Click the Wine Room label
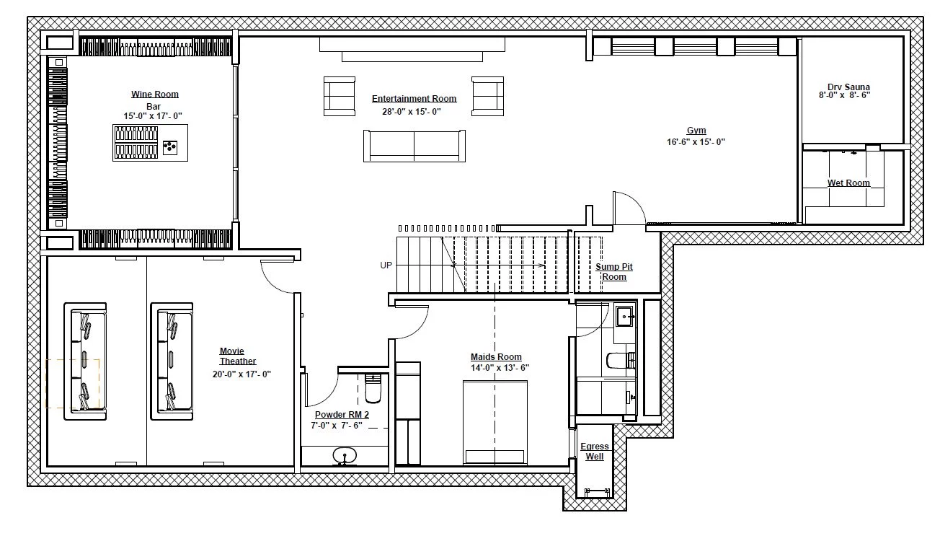point(155,94)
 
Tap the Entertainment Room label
point(414,98)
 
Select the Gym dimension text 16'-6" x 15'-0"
point(696,142)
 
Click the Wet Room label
point(848,183)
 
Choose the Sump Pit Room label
point(614,272)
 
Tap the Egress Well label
point(595,451)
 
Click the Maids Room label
point(496,356)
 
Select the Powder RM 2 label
point(342,415)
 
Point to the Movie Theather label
point(237,356)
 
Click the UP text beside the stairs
point(386,265)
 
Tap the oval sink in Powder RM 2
point(345,455)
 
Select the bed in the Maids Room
point(495,423)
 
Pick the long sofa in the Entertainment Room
point(414,146)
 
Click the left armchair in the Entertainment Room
point(340,96)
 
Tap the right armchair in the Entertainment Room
point(487,96)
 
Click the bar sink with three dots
point(170,147)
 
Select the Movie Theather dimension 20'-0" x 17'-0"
point(241,374)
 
